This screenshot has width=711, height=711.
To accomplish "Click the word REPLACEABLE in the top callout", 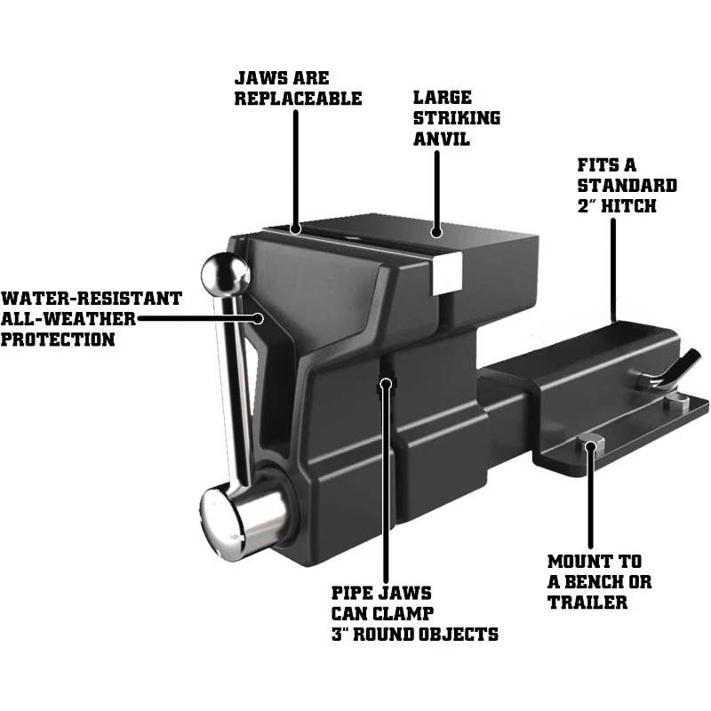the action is tap(298, 98).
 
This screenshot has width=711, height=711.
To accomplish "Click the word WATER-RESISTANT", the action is tap(91, 299).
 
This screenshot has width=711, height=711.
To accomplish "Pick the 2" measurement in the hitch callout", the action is tap(588, 206).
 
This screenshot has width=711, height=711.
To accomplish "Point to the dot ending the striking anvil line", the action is tap(436, 233).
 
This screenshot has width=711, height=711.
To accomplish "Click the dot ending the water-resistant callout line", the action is tap(259, 316).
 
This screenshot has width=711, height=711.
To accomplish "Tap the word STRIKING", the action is tap(457, 118).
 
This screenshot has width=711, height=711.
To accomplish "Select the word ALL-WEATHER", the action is tap(68, 318).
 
